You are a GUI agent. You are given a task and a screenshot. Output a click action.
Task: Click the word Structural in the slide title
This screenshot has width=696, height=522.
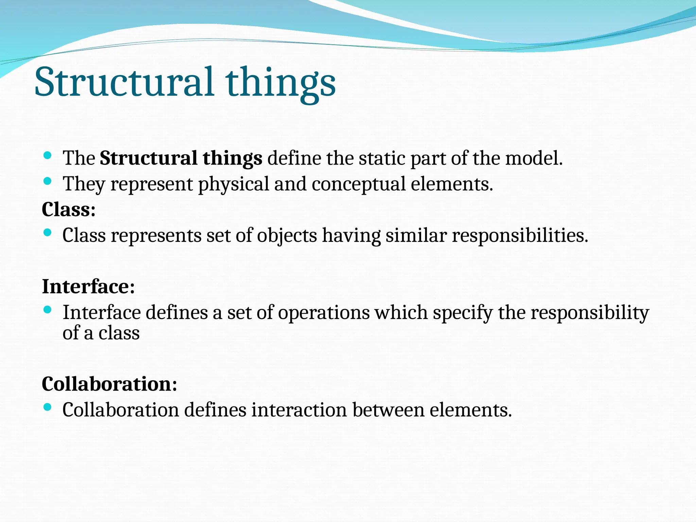124,82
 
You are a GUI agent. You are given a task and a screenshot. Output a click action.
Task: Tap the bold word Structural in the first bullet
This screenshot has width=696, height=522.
148,158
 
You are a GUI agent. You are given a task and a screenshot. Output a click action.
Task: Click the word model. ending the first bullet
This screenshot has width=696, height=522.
534,158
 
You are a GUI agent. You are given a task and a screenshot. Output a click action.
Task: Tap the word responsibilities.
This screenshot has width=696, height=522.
520,235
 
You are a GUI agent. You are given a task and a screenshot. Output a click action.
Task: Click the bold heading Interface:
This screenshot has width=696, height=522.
88,286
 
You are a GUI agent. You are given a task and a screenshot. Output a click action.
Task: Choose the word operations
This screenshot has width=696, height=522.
324,312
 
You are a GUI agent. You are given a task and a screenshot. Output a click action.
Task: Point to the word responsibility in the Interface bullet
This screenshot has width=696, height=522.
590,312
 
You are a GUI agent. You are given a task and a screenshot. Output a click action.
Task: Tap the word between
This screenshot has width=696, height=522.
388,410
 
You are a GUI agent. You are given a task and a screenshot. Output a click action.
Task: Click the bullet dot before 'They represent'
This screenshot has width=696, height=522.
48,181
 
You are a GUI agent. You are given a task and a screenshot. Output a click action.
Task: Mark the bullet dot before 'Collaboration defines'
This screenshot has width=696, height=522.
48,407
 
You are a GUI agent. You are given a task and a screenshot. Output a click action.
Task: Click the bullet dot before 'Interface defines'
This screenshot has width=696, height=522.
48,310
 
